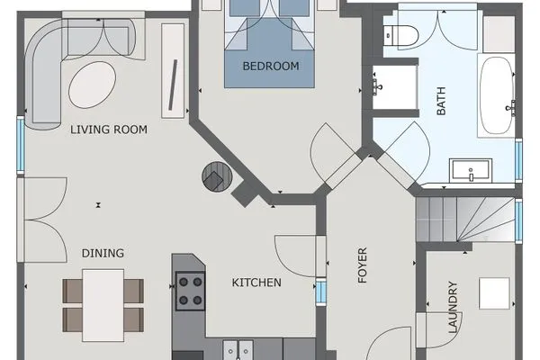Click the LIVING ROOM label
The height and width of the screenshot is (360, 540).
coord(109,130)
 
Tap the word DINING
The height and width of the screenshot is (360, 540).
coord(103,253)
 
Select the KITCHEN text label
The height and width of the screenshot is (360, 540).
coord(256,283)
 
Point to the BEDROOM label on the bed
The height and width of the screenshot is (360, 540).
coord(271,66)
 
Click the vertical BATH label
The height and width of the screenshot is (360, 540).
coord(442,106)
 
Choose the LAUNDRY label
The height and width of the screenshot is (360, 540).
coord(453,309)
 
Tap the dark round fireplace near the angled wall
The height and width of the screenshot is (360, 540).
coord(217,176)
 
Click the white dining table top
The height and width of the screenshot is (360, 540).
coord(103,304)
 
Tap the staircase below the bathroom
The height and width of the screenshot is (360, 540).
coord(464,220)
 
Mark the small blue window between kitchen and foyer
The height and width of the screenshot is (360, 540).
coord(321,293)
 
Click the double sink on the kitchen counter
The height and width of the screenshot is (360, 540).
coord(237,349)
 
